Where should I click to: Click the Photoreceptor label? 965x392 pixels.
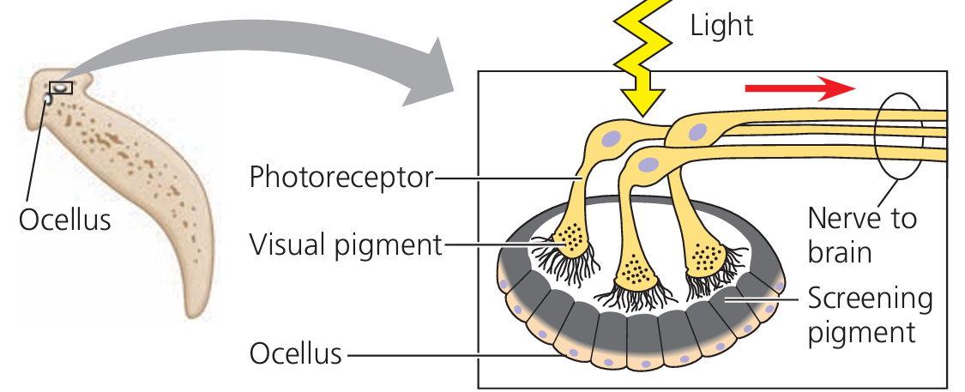click(x=341, y=178)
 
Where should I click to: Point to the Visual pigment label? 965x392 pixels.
click(x=345, y=245)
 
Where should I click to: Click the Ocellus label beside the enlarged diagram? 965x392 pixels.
click(x=296, y=353)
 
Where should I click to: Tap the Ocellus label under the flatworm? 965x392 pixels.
click(x=65, y=220)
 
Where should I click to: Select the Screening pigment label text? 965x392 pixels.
click(x=869, y=314)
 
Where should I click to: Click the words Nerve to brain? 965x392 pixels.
click(x=861, y=235)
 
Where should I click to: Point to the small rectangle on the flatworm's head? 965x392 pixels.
click(x=61, y=87)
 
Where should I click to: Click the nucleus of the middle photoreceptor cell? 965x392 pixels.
click(x=650, y=164)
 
